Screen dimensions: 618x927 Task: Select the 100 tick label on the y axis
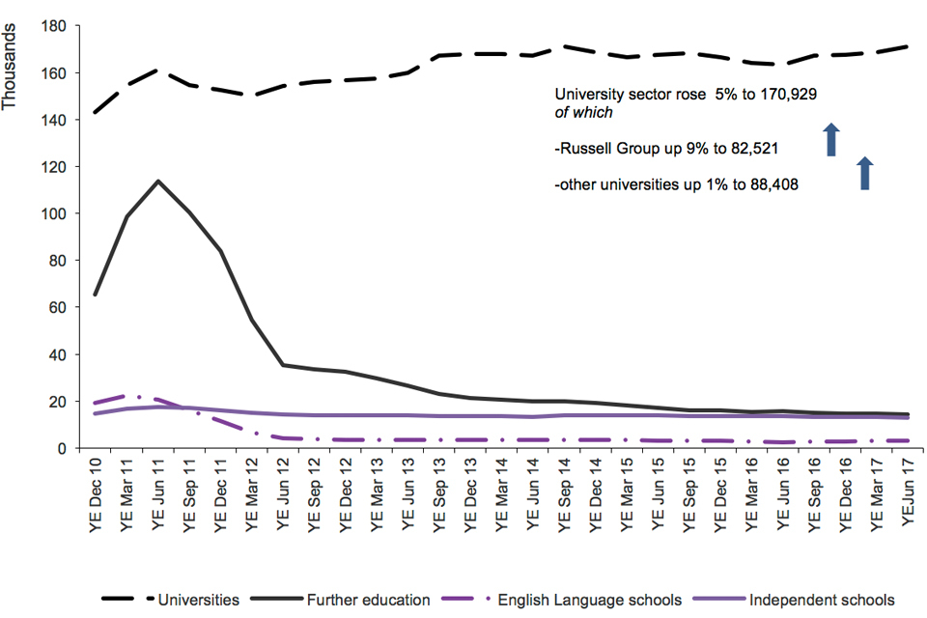[56, 213]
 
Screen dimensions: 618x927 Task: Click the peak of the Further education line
[157, 181]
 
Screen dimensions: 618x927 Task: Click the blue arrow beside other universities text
[865, 173]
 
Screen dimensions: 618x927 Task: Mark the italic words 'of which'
[583, 113]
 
